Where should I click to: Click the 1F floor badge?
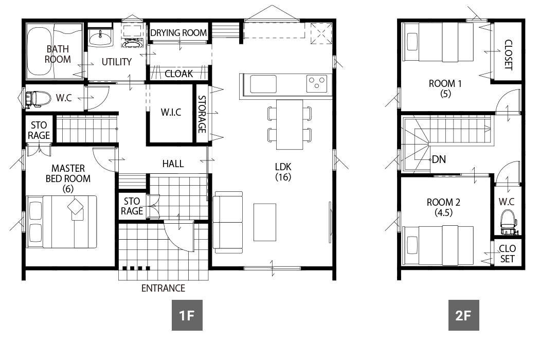click(187, 315)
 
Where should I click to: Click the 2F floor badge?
click(463, 315)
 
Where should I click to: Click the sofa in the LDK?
click(228, 222)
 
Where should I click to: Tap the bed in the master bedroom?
click(62, 221)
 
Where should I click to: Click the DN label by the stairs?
click(439, 159)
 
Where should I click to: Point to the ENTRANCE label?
click(163, 289)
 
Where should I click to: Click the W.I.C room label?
click(171, 113)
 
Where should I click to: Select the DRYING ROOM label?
click(178, 33)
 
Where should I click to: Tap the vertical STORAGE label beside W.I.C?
click(202, 115)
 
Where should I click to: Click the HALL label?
click(173, 164)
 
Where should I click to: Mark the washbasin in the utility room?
click(100, 38)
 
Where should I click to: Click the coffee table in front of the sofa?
click(264, 222)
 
